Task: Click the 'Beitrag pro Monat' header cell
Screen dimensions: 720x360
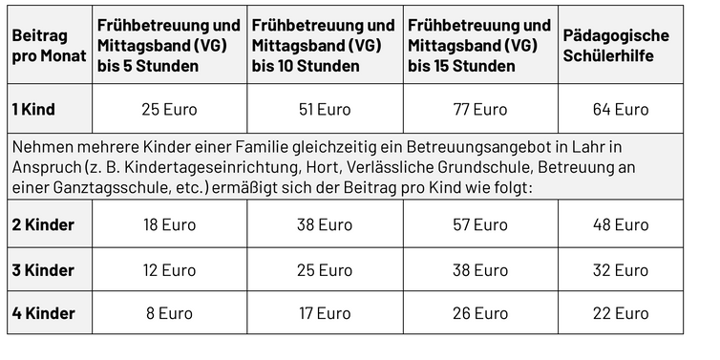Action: pyautogui.click(x=49, y=45)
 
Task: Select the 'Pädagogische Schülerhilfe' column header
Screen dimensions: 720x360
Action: pyautogui.click(x=621, y=45)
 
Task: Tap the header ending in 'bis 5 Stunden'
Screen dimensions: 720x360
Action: pyautogui.click(x=169, y=45)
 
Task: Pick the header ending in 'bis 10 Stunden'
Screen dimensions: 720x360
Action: pyautogui.click(x=325, y=45)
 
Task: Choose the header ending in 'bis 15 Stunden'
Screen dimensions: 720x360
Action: pyautogui.click(x=480, y=45)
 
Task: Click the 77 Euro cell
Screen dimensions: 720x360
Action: pyautogui.click(x=480, y=109)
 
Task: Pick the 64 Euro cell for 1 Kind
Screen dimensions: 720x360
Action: pyautogui.click(x=621, y=109)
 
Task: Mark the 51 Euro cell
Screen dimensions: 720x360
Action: pyautogui.click(x=325, y=109)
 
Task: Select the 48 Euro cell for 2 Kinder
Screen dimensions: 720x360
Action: pyautogui.click(x=621, y=224)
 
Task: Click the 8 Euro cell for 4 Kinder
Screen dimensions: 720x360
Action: pyautogui.click(x=169, y=313)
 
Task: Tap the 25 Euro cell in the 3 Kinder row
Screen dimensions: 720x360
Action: pyautogui.click(x=325, y=270)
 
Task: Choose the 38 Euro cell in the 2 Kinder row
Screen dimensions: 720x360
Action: pyautogui.click(x=325, y=224)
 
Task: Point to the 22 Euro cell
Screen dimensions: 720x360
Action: pyautogui.click(x=621, y=313)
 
